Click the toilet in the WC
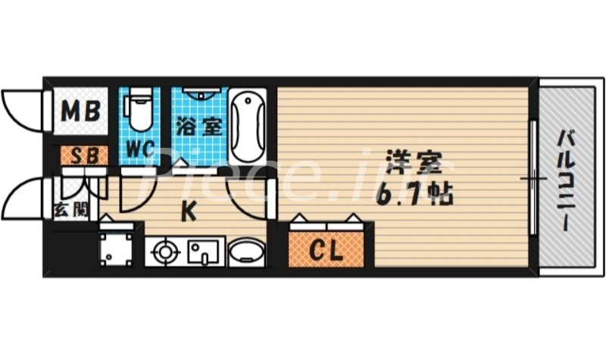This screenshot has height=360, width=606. pyautogui.click(x=138, y=111)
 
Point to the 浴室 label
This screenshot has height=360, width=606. pyautogui.click(x=200, y=127)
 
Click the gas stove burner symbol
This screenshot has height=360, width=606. pyautogui.click(x=164, y=252)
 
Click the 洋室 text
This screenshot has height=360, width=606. pyautogui.click(x=412, y=163)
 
